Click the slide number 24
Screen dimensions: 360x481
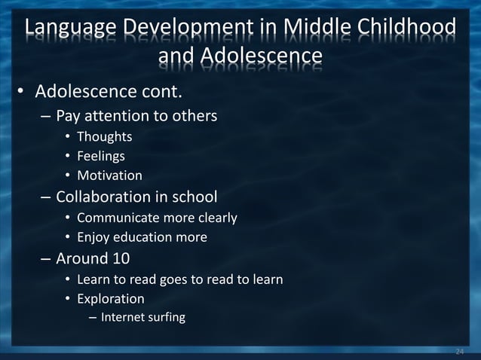coord(460,351)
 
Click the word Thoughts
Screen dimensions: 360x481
coord(104,136)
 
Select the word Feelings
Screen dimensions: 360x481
coord(101,156)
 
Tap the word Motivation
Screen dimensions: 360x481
coord(109,175)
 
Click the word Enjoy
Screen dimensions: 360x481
coord(93,237)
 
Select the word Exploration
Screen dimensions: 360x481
coord(111,298)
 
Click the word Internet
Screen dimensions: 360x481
coord(124,317)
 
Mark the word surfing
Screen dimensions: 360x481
coord(168,317)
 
